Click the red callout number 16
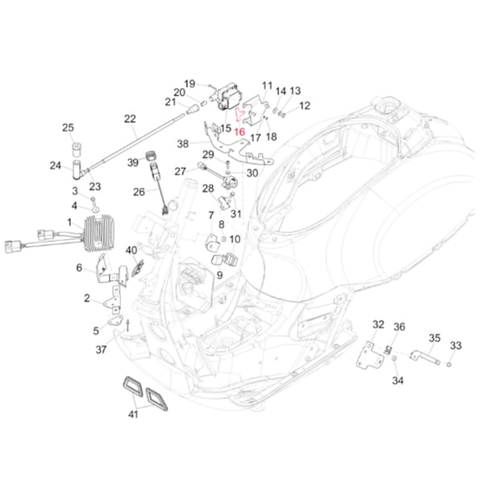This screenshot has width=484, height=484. [x=239, y=130]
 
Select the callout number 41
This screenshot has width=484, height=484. [x=133, y=415]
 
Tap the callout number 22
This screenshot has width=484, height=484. [x=130, y=119]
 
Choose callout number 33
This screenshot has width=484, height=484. [x=456, y=345]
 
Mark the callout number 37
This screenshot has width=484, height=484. [x=101, y=349]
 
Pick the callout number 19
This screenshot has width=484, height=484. [x=190, y=83]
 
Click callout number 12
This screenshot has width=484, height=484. [x=304, y=106]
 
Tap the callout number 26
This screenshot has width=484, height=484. [x=139, y=192]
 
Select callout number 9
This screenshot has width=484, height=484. [x=219, y=275]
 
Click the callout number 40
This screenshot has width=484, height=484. [x=131, y=250]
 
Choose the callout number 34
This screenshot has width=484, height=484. [x=397, y=381]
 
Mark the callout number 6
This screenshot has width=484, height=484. [x=79, y=268]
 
